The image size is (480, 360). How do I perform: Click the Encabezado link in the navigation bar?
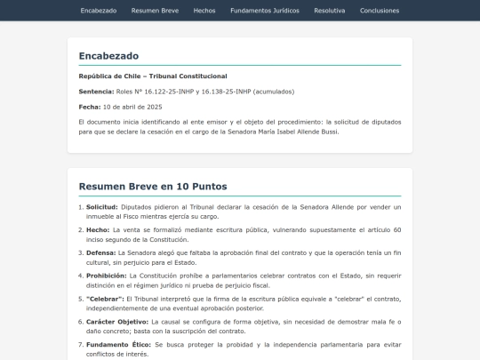98,11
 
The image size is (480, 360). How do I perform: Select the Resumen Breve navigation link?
155,11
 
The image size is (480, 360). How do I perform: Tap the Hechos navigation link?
204,11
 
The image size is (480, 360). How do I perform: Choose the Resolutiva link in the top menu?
330,11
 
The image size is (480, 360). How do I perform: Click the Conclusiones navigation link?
380,11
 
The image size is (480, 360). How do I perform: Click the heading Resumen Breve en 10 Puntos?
153,187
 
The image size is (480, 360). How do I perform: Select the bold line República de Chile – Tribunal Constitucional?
153,76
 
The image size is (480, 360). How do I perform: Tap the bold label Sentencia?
97,92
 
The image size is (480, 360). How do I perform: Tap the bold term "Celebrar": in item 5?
105,299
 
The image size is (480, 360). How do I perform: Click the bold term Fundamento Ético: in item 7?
119,344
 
